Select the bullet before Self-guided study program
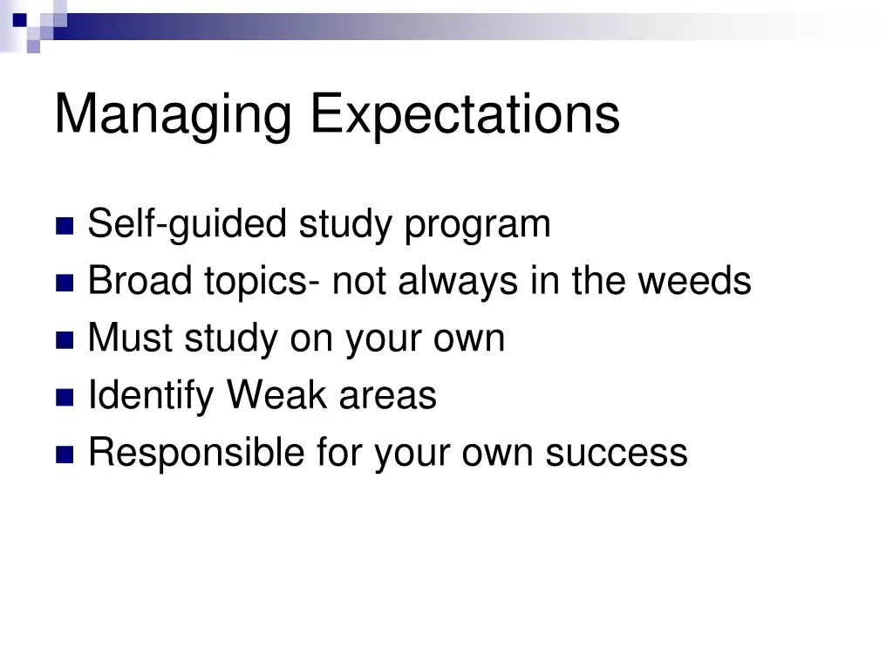65,227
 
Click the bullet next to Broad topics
65,284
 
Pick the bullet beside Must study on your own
65,340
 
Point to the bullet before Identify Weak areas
65,398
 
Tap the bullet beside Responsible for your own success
65,455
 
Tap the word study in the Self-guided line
347,225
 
